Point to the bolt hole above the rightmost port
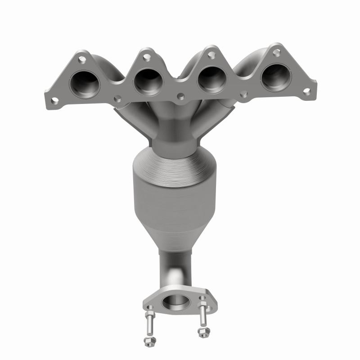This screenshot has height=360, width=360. pos(276,52)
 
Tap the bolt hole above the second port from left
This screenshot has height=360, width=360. pos(146,56)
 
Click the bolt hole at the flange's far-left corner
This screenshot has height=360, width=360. pos(54,100)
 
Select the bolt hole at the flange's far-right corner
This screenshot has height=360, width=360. pos(306,91)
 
